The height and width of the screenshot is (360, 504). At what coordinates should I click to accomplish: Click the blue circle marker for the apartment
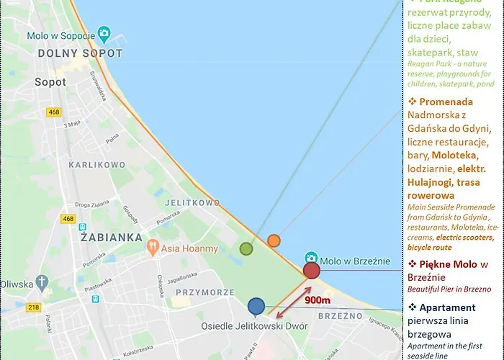[x=256, y=306]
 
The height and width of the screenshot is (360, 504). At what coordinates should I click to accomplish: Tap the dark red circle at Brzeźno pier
[x=312, y=271]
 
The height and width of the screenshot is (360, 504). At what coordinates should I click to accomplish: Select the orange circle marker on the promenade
[x=274, y=240]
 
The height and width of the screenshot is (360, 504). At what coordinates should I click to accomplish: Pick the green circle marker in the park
[x=246, y=249]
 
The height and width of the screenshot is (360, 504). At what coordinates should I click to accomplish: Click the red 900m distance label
[x=316, y=300]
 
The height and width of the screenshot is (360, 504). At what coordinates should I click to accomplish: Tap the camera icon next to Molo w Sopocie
[x=105, y=33]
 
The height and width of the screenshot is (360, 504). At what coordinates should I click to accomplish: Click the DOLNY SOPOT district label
[x=80, y=53]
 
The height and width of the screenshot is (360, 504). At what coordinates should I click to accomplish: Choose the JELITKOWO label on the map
[x=192, y=203]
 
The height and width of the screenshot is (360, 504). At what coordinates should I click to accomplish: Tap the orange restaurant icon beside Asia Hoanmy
[x=152, y=248]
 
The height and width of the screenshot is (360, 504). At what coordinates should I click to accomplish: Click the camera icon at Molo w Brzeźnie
[x=311, y=257]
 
